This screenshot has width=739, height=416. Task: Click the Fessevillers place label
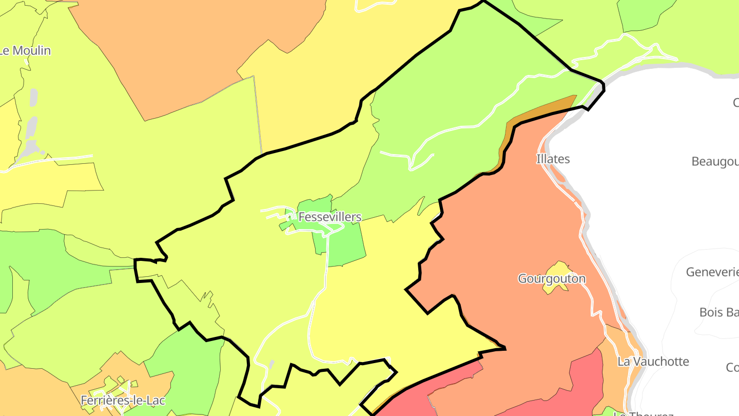click(330, 217)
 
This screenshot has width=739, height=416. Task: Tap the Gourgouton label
click(552, 279)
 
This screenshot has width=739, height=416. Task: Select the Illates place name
click(553, 159)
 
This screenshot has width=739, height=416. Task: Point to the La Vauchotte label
click(653, 362)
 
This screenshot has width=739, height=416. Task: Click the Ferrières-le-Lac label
click(123, 400)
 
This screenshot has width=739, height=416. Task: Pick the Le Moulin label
click(26, 51)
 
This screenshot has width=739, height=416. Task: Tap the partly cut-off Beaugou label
click(715, 162)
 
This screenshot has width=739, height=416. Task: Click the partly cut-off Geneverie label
click(712, 272)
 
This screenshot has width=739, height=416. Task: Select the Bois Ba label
click(719, 312)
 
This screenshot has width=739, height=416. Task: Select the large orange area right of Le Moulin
click(195, 51)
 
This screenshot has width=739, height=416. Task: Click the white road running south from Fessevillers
click(326, 267)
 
